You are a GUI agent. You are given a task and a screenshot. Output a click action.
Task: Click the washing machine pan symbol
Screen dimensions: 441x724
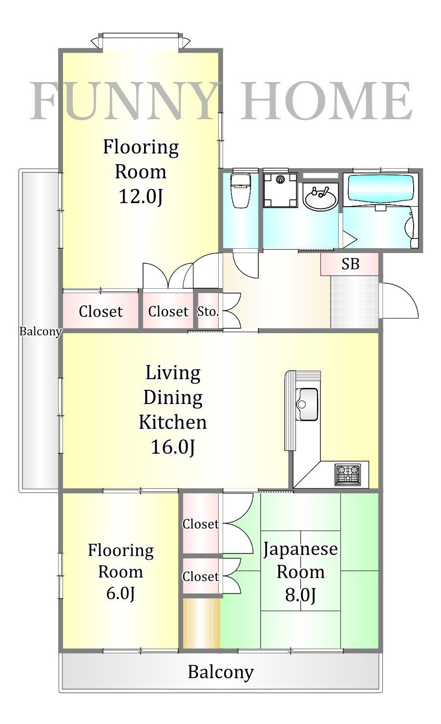[280, 190]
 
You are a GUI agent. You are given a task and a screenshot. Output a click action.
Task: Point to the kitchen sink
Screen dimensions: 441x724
[307, 405]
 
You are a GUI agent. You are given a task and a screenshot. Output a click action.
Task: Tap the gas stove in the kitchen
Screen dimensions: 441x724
[348, 475]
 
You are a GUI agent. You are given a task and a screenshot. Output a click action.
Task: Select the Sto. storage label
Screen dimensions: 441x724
[208, 311]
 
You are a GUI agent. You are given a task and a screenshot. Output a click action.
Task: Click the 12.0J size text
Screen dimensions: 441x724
[141, 196]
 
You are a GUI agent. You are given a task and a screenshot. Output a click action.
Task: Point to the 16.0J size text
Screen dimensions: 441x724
[173, 447]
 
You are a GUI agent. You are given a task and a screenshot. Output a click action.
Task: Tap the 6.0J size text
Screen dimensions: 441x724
[120, 594]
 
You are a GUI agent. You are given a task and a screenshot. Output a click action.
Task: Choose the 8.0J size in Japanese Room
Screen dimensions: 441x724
[300, 595]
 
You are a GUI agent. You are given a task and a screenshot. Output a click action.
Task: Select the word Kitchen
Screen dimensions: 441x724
[172, 422]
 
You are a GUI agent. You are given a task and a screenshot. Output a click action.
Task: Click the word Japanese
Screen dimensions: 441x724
[300, 550]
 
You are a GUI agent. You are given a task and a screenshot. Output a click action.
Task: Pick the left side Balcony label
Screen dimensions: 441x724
[41, 332]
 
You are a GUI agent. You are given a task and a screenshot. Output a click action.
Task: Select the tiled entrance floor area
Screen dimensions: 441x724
[355, 302]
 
